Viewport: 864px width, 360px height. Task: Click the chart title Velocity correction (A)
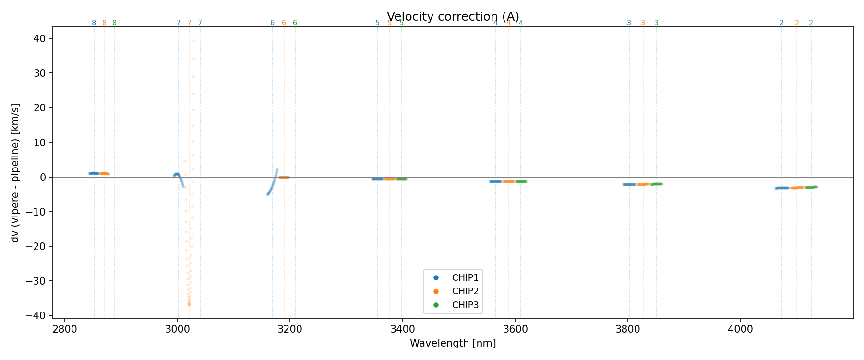tap(453, 17)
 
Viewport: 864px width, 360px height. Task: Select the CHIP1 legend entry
tap(465, 277)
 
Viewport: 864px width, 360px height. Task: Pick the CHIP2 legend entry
tap(465, 291)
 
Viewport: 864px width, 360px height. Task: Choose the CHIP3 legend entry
tap(465, 305)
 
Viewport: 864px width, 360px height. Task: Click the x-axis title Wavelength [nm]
tap(453, 343)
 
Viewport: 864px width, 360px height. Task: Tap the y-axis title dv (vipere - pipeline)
tap(15, 173)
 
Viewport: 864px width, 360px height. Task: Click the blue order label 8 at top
tap(94, 23)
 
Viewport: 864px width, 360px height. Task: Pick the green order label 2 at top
tap(811, 23)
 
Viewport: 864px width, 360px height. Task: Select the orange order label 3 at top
tap(643, 23)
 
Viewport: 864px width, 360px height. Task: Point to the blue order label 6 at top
tap(272, 23)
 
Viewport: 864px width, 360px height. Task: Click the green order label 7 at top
tap(200, 23)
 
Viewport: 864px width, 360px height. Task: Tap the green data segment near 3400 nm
tap(402, 179)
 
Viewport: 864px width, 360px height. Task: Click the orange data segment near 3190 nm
tap(284, 177)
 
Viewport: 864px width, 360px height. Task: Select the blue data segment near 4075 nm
tap(782, 188)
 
